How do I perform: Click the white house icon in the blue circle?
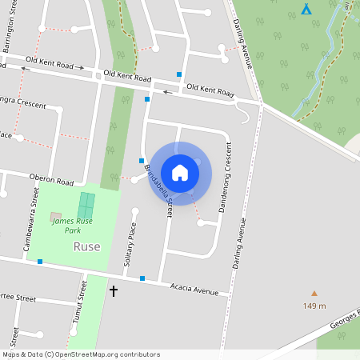tap(180, 173)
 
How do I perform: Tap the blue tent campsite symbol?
tap(306, 9)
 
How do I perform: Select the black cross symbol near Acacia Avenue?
tap(113, 291)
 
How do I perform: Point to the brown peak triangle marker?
tap(314, 294)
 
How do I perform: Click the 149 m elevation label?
tap(314, 306)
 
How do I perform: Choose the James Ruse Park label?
tap(67, 226)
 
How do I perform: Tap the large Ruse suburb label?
tap(86, 246)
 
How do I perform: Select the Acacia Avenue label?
tap(194, 289)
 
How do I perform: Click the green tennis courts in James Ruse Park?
tap(86, 205)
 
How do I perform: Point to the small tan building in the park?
tap(55, 216)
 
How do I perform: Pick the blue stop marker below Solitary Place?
tap(142, 278)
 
